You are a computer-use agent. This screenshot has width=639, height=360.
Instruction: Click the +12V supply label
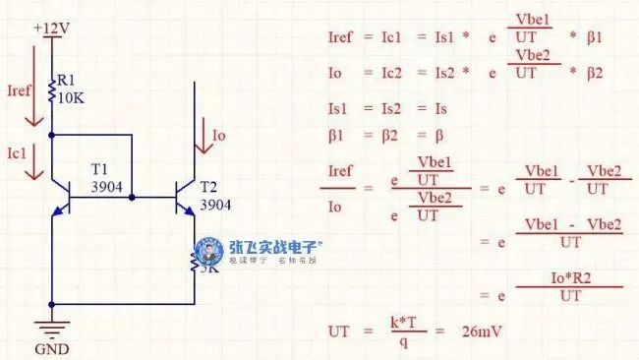(x=51, y=28)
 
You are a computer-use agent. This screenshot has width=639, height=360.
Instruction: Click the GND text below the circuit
(x=51, y=347)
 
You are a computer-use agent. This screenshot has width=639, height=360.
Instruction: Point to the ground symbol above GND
(x=51, y=328)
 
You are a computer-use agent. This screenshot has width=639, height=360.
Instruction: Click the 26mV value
(x=482, y=331)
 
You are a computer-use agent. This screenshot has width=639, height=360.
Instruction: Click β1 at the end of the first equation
(x=594, y=37)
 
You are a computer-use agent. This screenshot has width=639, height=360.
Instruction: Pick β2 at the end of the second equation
(x=594, y=73)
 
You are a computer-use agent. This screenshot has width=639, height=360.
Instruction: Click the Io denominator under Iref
(x=335, y=207)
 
